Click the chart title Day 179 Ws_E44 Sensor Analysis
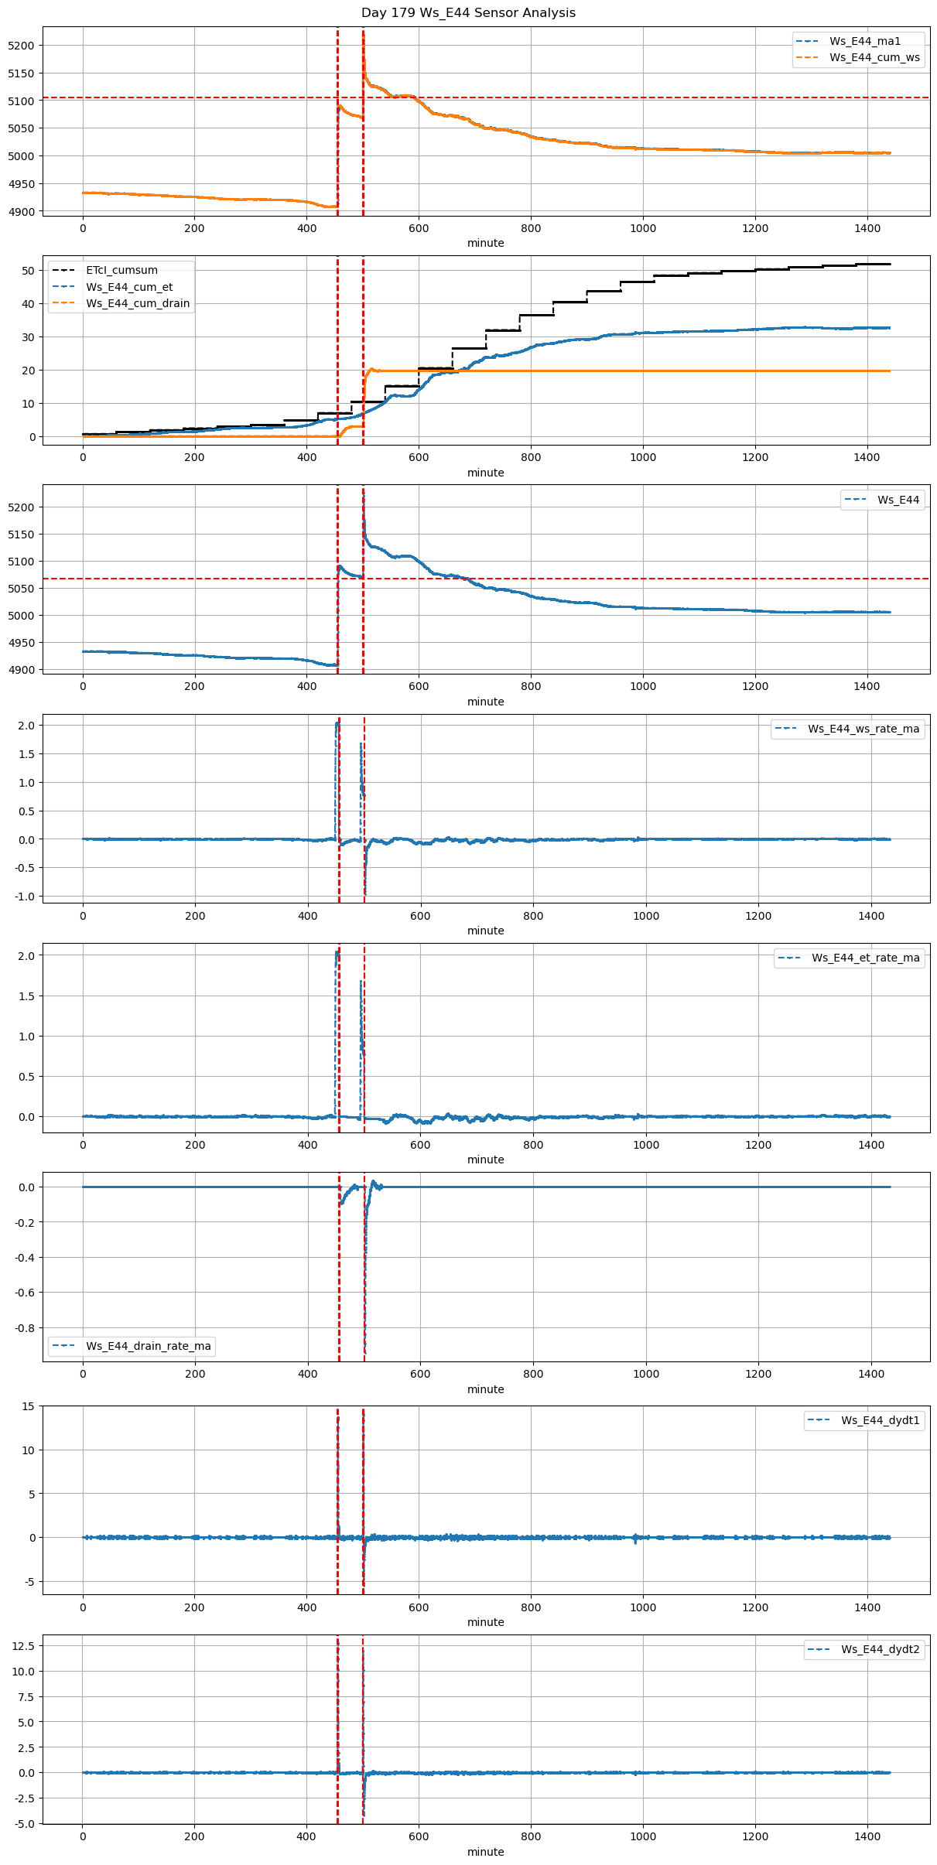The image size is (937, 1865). (468, 13)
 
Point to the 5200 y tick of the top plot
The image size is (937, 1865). (21, 46)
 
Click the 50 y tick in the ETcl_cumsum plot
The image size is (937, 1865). (28, 271)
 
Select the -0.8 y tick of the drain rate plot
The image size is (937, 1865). (25, 1328)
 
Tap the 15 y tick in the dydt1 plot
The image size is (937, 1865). (28, 1406)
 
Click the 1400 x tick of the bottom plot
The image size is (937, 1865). (867, 1836)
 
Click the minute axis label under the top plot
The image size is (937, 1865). (485, 243)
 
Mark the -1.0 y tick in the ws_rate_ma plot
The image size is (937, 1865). (25, 897)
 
